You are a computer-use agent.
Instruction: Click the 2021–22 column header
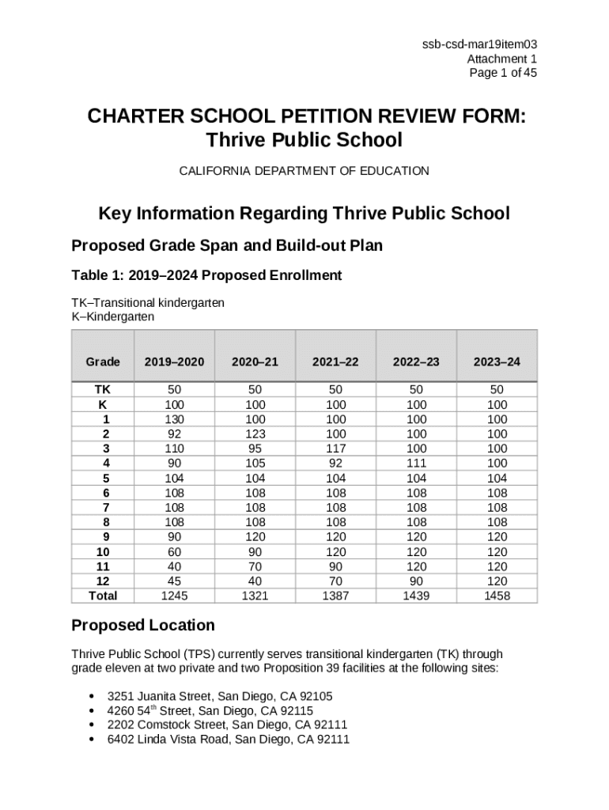[x=335, y=361]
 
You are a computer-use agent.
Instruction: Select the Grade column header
[x=103, y=361]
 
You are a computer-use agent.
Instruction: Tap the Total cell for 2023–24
[x=497, y=596]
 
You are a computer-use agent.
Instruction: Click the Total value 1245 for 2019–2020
[x=174, y=596]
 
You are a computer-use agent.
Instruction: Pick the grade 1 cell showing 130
[x=174, y=419]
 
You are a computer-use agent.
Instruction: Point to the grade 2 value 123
[x=255, y=434]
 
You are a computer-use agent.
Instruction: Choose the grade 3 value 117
[x=335, y=449]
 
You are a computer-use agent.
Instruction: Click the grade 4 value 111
[x=416, y=464]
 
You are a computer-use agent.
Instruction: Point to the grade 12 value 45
[x=174, y=581]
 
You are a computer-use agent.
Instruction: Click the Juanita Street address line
[x=220, y=696]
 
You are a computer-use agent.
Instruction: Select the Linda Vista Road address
[x=229, y=739]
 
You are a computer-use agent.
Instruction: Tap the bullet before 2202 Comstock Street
[x=93, y=725]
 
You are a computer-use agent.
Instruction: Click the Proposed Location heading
[x=143, y=625]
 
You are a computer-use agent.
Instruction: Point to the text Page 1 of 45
[x=503, y=73]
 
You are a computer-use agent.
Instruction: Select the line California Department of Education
[x=304, y=171]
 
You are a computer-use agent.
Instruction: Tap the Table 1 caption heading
[x=206, y=275]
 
